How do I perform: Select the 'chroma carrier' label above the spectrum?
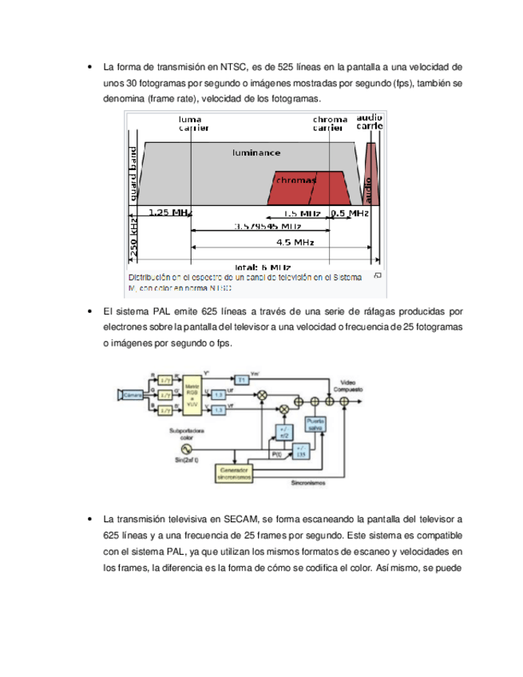coord(330,123)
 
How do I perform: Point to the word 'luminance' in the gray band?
coord(256,151)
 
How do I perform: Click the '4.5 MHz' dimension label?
coord(294,242)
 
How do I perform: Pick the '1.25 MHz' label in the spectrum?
coord(170,213)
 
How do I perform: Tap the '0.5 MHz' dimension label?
coord(349,213)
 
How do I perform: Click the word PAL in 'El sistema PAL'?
coord(164,311)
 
